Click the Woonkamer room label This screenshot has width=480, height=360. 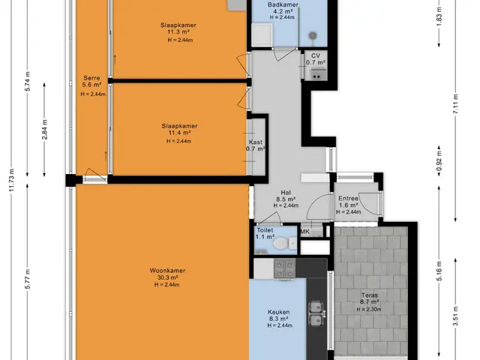[167, 271]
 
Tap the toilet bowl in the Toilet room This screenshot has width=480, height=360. [280, 244]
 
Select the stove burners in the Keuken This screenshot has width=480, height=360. [284, 269]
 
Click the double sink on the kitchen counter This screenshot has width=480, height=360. [316, 314]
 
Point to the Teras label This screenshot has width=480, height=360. [370, 295]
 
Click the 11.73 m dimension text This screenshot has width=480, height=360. [12, 180]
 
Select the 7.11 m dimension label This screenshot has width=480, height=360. [456, 104]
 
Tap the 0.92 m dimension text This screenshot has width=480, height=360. [439, 161]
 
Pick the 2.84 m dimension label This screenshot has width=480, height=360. [45, 130]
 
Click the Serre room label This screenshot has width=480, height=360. [91, 78]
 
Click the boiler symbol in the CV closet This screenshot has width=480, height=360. [316, 74]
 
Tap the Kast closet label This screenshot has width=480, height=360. [256, 142]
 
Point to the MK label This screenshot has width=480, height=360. [305, 232]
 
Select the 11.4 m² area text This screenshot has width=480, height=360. [179, 133]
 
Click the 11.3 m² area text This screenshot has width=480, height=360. [178, 31]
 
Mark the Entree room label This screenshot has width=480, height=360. [348, 198]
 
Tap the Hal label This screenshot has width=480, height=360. [286, 193]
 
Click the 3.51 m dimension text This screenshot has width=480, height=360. [456, 316]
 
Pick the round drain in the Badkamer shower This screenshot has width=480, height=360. [312, 35]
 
